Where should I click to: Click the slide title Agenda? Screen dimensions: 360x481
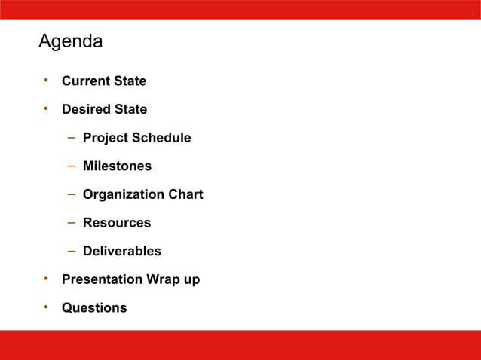coord(71,42)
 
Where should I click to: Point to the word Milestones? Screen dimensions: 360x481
coord(117,166)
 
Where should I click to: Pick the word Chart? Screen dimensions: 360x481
coord(185,194)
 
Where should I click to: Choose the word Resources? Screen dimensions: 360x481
coord(117,223)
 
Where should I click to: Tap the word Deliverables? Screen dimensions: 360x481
coord(122,252)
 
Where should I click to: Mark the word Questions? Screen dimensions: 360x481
coord(94,308)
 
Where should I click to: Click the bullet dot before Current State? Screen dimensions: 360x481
coord(45,81)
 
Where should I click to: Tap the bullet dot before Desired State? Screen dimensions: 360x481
coord(45,109)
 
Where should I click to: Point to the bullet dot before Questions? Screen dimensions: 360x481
coord(45,307)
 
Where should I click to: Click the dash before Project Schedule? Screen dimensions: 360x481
coord(69,138)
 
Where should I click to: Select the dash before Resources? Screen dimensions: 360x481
coord(69,223)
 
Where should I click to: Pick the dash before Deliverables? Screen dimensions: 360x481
coord(69,251)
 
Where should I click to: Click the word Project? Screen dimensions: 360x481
coord(106,138)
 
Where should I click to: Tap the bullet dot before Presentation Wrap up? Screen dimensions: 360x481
coord(45,279)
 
